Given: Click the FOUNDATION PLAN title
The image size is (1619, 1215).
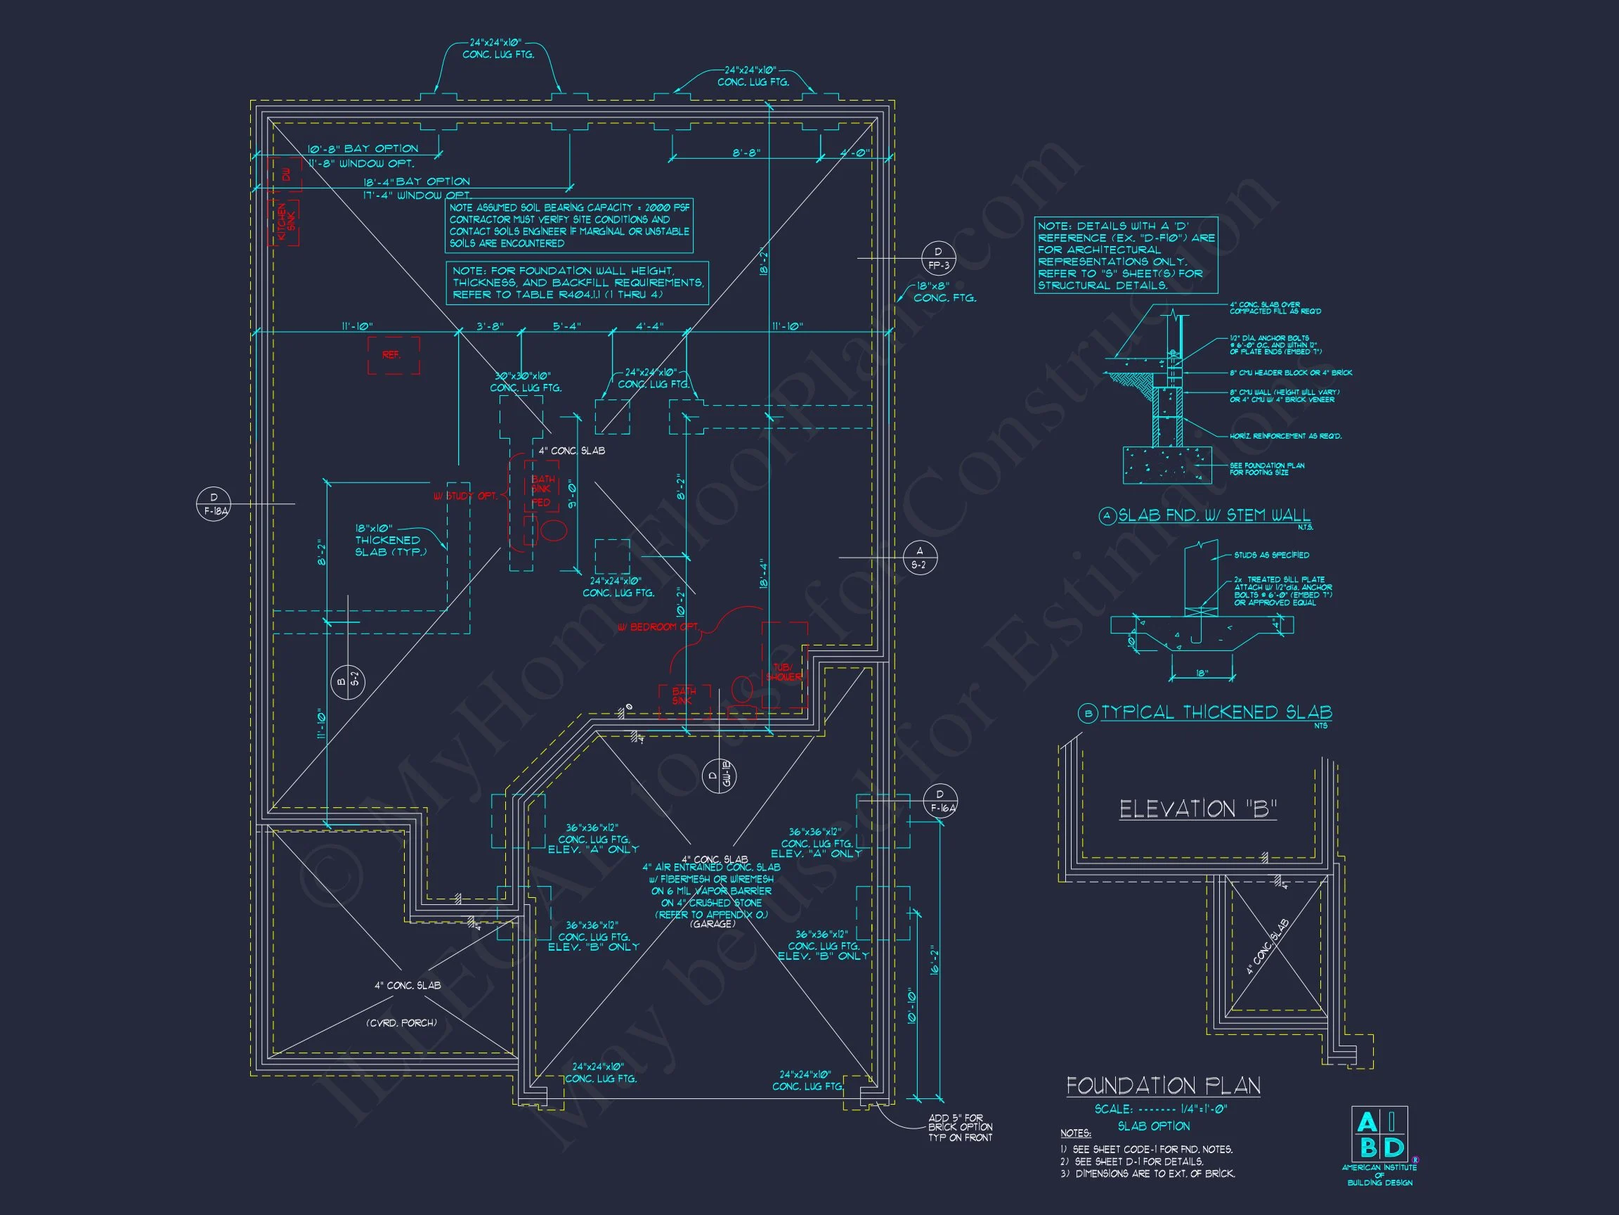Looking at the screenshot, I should [1163, 1086].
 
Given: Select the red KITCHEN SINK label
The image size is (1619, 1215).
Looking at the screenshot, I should [286, 224].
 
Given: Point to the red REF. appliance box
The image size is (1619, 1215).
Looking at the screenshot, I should [393, 355].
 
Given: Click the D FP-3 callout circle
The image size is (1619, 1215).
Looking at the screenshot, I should [938, 258].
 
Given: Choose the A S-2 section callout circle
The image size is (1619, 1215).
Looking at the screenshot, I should [919, 558].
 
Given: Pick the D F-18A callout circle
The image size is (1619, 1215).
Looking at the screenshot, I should [214, 505].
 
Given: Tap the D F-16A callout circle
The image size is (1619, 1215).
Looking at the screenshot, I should [939, 800].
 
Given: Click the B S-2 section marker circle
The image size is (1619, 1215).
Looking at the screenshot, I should [348, 682].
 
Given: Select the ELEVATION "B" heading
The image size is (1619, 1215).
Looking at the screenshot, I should [1197, 809].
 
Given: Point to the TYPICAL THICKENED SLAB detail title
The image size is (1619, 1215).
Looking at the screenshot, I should [1216, 712].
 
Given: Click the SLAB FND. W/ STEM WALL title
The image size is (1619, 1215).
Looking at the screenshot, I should [1214, 515].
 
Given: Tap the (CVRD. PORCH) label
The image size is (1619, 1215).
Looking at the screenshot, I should [401, 1022].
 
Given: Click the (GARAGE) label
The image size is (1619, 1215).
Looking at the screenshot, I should [712, 924].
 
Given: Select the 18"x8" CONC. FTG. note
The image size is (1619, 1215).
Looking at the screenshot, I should [944, 292].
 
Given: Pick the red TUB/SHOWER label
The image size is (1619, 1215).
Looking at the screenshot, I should [784, 671].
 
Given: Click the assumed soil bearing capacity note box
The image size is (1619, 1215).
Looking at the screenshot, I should [569, 226].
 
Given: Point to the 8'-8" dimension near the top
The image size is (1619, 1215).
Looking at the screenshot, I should [746, 153].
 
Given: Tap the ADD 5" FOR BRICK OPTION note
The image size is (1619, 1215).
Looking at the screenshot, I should [960, 1127].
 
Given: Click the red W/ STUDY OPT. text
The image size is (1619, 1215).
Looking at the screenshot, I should [464, 496].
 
